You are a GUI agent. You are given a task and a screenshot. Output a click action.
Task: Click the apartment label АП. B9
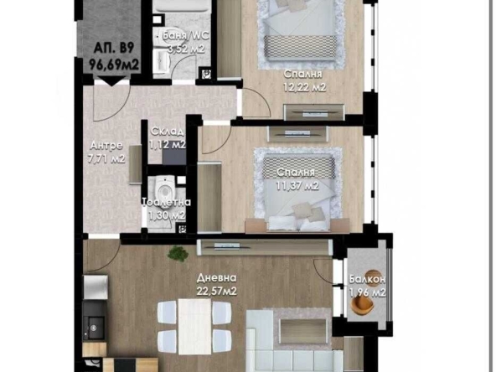[x=110, y=48]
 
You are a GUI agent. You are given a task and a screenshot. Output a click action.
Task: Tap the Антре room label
[x=107, y=145]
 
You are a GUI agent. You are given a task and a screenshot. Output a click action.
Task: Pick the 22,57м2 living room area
[x=218, y=291]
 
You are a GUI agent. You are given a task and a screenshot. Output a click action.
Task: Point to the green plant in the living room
[x=177, y=252]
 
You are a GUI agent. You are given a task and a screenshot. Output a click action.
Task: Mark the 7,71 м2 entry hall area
[x=107, y=158]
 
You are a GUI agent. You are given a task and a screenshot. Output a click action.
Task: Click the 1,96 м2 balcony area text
[x=367, y=292]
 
